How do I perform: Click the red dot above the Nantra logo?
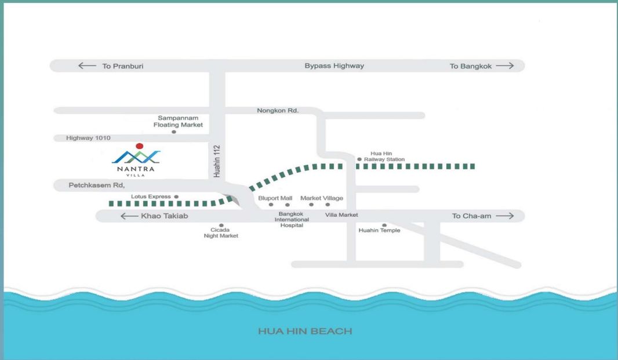tap(140, 146)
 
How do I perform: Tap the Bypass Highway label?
tap(335, 66)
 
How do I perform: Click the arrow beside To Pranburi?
tap(87, 66)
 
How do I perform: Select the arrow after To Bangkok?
tap(505, 66)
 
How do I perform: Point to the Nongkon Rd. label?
tap(278, 110)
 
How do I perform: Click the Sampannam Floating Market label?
tap(178, 121)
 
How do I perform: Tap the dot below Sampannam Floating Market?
tap(174, 132)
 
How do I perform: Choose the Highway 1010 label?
tap(88, 138)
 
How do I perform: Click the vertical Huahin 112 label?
tap(217, 161)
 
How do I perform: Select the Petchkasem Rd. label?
tap(97, 185)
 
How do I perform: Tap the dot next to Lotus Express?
tap(176, 197)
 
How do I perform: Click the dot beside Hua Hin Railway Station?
tap(359, 159)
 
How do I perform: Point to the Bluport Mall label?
tap(275, 198)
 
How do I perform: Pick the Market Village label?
tap(322, 198)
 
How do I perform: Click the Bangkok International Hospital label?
tap(292, 220)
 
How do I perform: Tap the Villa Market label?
tap(341, 215)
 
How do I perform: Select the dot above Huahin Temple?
tap(384, 225)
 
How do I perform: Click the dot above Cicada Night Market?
tap(221, 225)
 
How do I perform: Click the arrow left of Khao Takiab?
tap(129, 216)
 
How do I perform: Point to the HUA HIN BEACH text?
tap(305, 331)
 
